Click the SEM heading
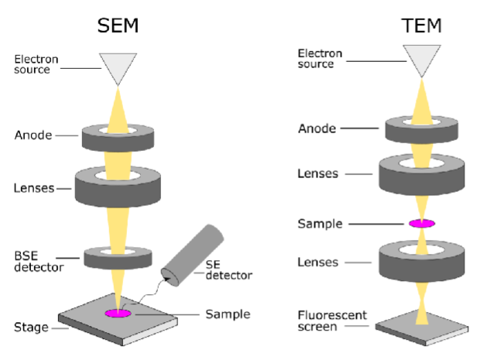click(x=118, y=25)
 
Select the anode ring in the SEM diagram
click(x=118, y=140)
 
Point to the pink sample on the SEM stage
click(x=118, y=314)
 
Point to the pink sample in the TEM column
click(x=422, y=223)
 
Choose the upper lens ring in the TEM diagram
click(x=422, y=177)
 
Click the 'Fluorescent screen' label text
click(x=333, y=321)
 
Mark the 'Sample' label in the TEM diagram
click(x=321, y=224)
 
